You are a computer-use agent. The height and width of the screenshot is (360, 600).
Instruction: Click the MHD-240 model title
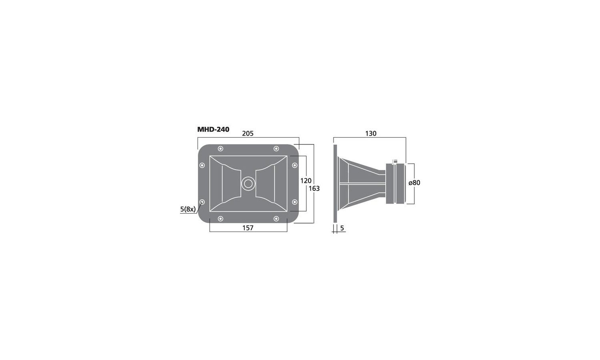(x=213, y=129)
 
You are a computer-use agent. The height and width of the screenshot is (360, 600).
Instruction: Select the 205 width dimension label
(x=248, y=133)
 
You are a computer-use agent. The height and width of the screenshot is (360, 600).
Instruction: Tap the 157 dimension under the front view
(x=248, y=228)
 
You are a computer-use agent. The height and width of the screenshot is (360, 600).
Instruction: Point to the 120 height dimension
(x=306, y=181)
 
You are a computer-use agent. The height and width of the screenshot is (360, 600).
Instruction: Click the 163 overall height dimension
(x=314, y=188)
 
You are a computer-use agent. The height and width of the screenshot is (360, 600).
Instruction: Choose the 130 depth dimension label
(x=371, y=133)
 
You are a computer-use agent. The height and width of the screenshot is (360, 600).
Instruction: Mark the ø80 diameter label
(x=414, y=183)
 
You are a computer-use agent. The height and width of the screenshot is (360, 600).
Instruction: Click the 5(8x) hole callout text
(x=188, y=209)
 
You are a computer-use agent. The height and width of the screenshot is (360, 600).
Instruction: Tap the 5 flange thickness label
(x=342, y=228)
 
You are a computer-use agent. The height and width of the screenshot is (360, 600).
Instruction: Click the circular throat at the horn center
(x=248, y=184)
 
